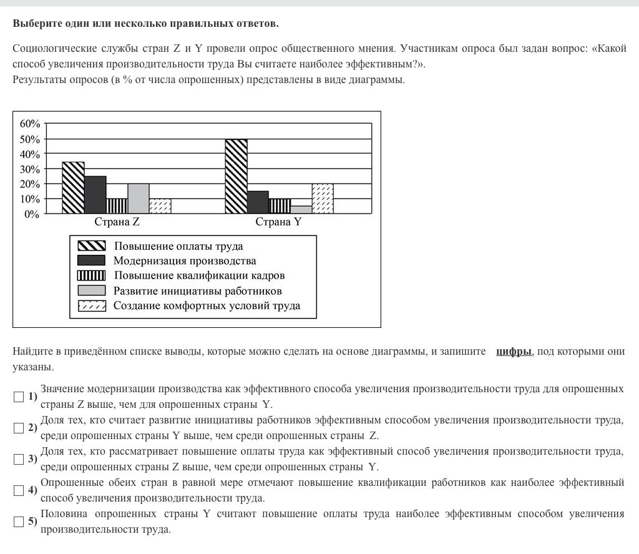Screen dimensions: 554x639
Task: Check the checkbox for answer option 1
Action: point(19,397)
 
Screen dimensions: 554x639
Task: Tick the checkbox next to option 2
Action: point(19,428)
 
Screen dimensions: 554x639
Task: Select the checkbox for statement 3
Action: point(19,459)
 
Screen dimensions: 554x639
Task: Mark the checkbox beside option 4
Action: point(19,490)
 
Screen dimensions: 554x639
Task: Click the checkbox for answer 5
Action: point(19,522)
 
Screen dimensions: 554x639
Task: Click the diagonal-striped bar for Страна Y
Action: point(236,176)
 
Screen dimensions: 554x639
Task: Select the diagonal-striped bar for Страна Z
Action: point(73,187)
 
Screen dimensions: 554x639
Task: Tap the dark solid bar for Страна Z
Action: point(95,195)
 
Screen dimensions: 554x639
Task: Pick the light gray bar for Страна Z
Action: point(138,199)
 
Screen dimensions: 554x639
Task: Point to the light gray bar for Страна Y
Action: point(301,210)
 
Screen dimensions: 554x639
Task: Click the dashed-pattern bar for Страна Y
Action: point(323,199)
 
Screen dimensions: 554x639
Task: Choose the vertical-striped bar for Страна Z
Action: point(117,206)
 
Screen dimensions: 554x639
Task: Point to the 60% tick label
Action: point(30,124)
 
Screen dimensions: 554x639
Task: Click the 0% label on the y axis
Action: point(32,214)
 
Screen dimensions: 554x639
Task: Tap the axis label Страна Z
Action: point(117,222)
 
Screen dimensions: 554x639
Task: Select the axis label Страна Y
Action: point(278,222)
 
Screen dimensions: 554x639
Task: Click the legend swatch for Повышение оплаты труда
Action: point(91,246)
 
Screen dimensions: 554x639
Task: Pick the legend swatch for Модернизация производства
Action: point(91,260)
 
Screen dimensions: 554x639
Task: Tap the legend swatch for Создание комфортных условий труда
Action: point(91,305)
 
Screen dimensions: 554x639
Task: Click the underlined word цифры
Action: point(514,352)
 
